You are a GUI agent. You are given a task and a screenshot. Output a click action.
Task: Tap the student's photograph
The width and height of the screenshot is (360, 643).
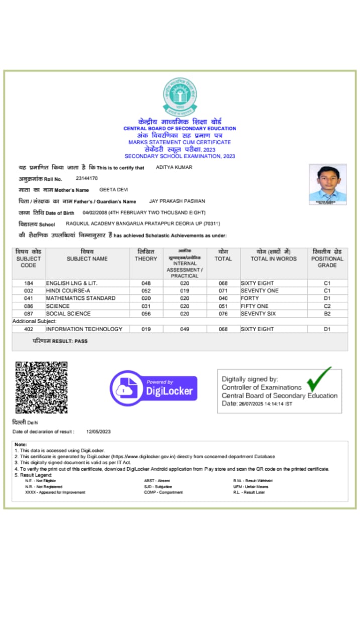click(327, 184)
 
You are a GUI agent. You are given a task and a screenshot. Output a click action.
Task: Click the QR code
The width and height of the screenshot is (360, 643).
click(41, 387)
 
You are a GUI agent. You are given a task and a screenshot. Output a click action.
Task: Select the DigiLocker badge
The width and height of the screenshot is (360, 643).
click(154, 388)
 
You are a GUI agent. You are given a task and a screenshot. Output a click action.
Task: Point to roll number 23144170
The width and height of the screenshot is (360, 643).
click(87, 178)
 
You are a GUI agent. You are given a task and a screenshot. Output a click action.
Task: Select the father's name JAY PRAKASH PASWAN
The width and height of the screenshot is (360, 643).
click(177, 201)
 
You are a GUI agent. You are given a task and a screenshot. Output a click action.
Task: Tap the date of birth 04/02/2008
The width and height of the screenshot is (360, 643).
click(92, 212)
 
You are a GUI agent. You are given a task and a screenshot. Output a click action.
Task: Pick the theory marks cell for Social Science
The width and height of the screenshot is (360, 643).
click(146, 313)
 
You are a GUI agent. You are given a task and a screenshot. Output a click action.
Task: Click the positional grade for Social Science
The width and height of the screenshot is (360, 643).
click(327, 313)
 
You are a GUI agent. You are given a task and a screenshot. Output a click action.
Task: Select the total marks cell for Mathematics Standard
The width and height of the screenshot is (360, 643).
click(223, 298)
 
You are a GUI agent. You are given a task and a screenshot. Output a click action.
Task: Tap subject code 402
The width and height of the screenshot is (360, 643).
click(29, 329)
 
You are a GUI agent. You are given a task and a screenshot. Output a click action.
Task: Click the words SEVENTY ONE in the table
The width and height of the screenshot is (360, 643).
click(260, 291)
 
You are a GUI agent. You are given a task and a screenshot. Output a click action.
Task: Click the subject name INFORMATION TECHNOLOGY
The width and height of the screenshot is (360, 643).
click(84, 329)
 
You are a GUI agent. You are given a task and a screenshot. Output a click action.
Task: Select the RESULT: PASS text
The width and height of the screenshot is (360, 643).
click(60, 341)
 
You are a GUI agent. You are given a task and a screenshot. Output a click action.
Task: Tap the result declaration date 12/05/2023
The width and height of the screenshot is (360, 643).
click(98, 432)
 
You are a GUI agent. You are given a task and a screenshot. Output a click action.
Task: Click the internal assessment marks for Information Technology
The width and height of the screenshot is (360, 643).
click(184, 329)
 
